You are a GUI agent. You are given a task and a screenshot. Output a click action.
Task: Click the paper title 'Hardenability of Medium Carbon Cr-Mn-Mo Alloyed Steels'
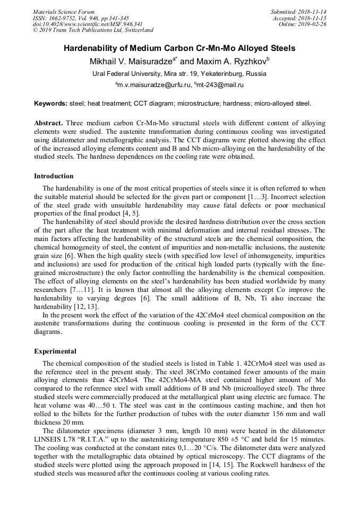pyautogui.click(x=179, y=48)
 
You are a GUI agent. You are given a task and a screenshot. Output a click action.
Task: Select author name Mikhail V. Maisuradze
pyautogui.click(x=132, y=61)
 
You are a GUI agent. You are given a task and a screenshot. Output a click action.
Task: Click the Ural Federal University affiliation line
pyautogui.click(x=179, y=74)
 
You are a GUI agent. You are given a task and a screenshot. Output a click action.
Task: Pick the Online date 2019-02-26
pyautogui.click(x=310, y=24)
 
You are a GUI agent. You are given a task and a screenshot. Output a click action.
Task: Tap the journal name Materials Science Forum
pyautogui.click(x=64, y=12)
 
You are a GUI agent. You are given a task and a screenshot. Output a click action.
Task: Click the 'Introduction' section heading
pyautogui.click(x=54, y=176)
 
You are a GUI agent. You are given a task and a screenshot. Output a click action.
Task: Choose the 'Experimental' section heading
pyautogui.click(x=55, y=351)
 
